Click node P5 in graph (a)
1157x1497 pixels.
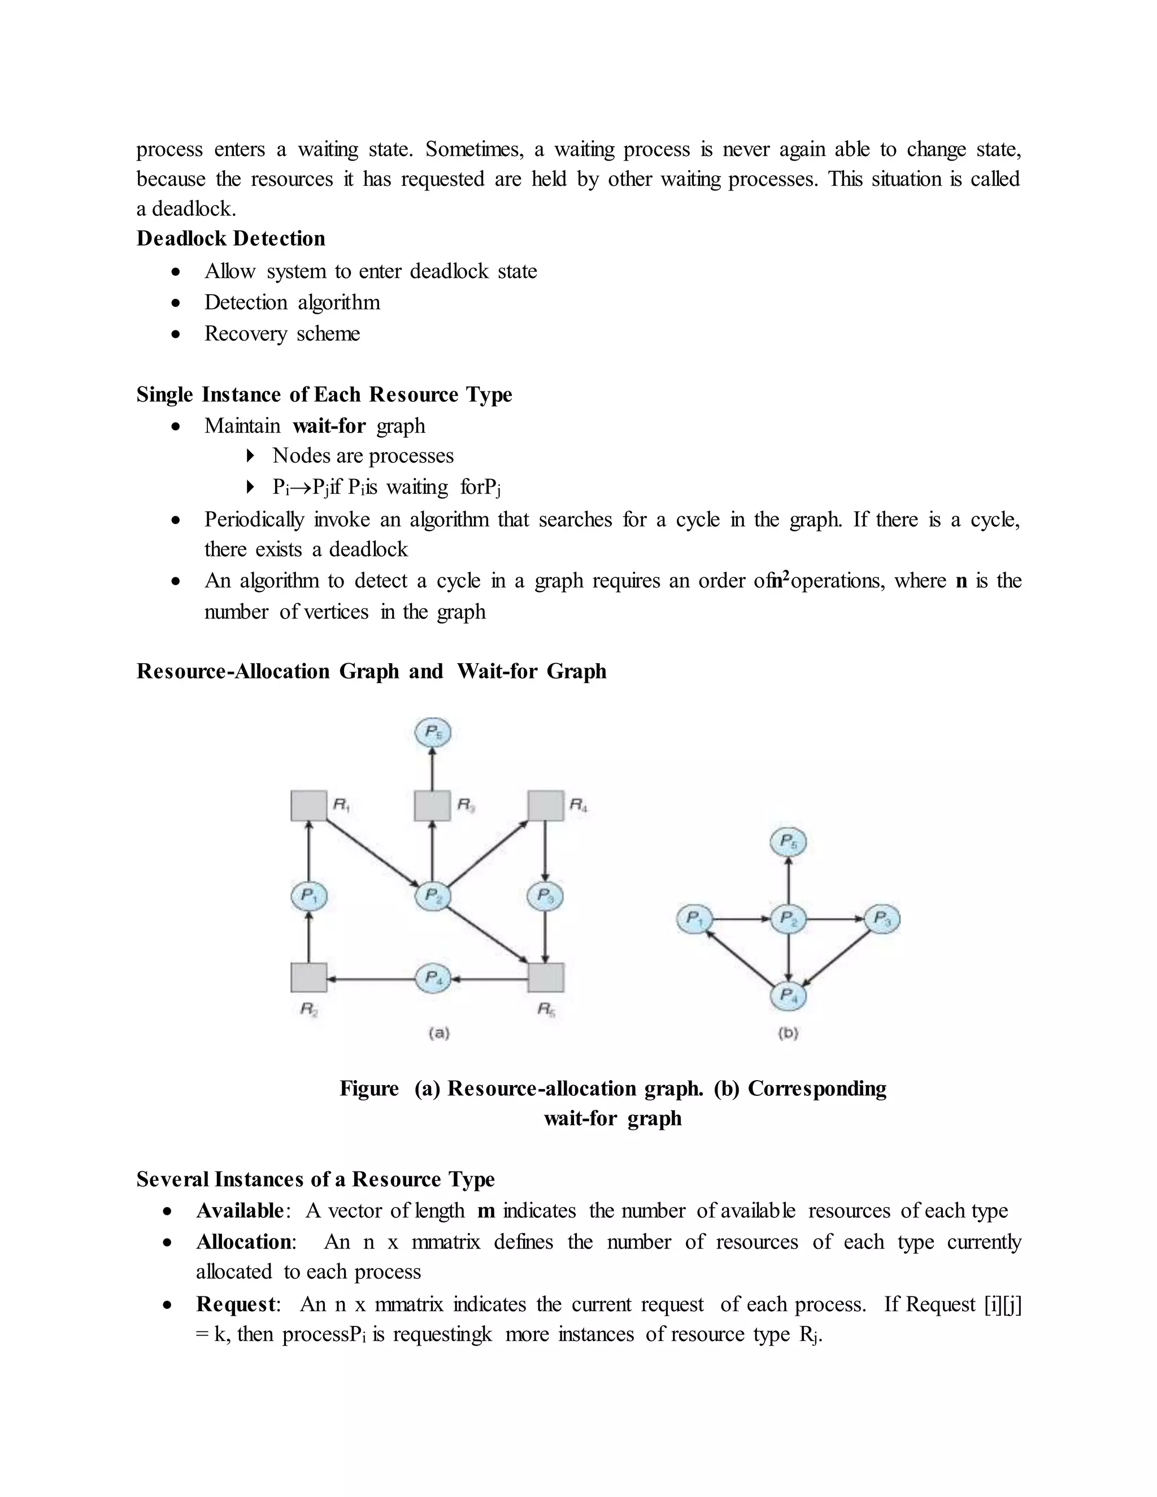point(433,733)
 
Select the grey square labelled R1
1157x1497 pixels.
point(308,806)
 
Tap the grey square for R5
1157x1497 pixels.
point(546,977)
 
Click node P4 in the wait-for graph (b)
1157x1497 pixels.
point(788,995)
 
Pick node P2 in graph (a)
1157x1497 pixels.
point(433,895)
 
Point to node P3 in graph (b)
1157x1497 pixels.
point(882,919)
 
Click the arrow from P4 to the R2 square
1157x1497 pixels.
point(370,979)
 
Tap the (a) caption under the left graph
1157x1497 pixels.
point(438,1032)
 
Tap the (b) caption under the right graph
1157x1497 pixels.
point(788,1032)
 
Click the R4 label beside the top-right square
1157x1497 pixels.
point(578,804)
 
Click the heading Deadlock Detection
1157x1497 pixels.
point(230,238)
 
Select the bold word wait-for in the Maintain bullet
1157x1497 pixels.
point(329,426)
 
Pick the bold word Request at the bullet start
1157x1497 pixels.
point(236,1304)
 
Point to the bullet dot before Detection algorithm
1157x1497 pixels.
point(177,303)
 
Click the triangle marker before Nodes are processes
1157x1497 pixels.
point(250,456)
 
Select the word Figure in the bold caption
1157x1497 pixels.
point(369,1089)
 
